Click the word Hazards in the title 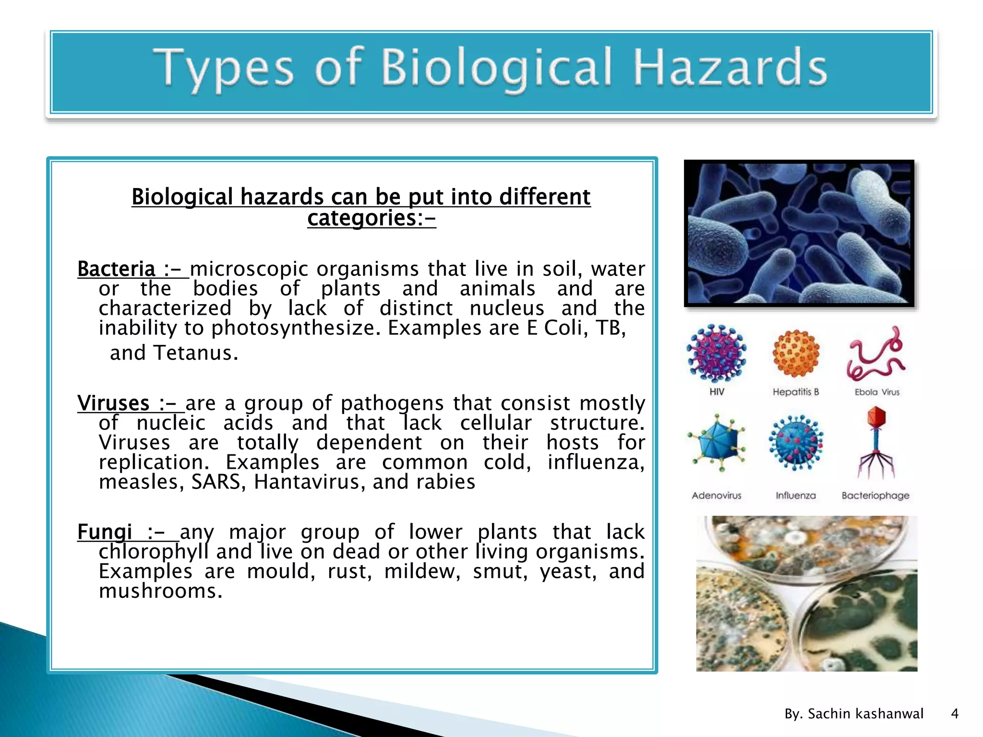click(x=730, y=69)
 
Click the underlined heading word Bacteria click(x=116, y=269)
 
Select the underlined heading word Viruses click(x=113, y=403)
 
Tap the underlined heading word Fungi click(x=105, y=532)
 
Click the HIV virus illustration click(x=717, y=353)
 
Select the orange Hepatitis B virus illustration click(x=796, y=354)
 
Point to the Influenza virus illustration click(x=796, y=442)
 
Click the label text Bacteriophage click(x=875, y=496)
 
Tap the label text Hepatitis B click(x=795, y=392)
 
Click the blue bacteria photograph click(x=799, y=233)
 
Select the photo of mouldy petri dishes click(x=806, y=594)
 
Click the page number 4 click(x=955, y=714)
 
